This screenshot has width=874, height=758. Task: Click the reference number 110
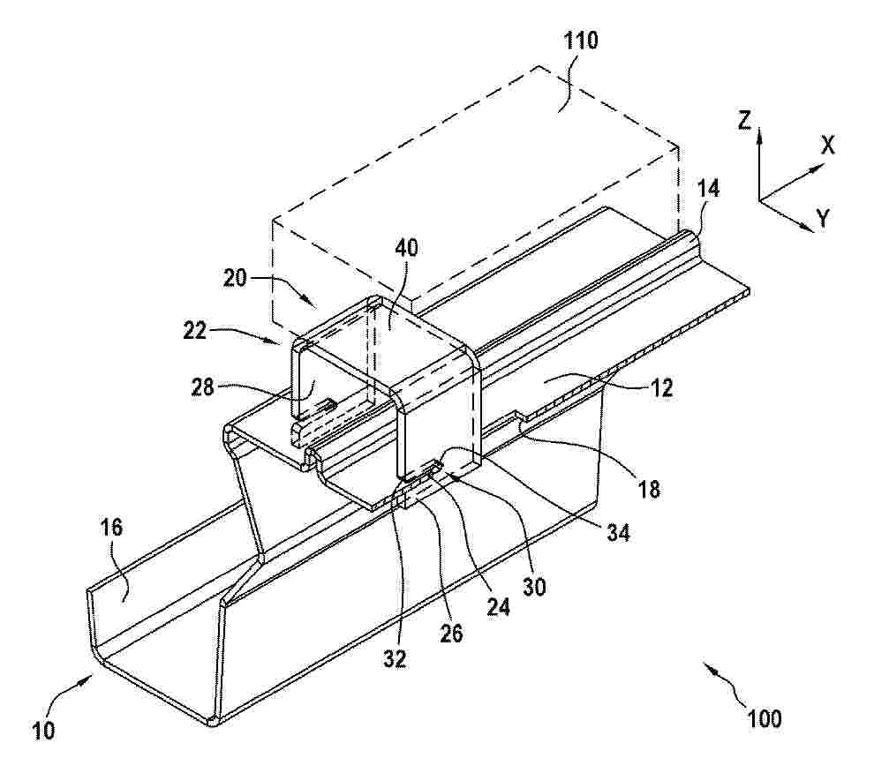(581, 41)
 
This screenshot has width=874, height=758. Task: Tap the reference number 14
(708, 190)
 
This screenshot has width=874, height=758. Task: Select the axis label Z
(745, 120)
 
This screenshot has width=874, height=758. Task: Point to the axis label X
(828, 146)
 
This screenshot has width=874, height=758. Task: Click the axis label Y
(824, 218)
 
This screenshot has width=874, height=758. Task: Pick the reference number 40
(406, 248)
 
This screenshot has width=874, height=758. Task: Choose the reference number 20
(235, 277)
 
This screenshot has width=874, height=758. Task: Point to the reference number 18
(649, 489)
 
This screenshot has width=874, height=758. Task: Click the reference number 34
(618, 533)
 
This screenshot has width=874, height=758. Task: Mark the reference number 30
(534, 587)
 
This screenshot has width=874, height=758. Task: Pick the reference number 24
(498, 607)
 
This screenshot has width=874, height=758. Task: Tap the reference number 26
(451, 634)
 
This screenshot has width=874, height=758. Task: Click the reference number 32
(395, 659)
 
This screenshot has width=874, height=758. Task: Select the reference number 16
(111, 527)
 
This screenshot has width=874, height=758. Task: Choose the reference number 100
(765, 718)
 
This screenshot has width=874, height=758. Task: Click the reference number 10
(44, 730)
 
